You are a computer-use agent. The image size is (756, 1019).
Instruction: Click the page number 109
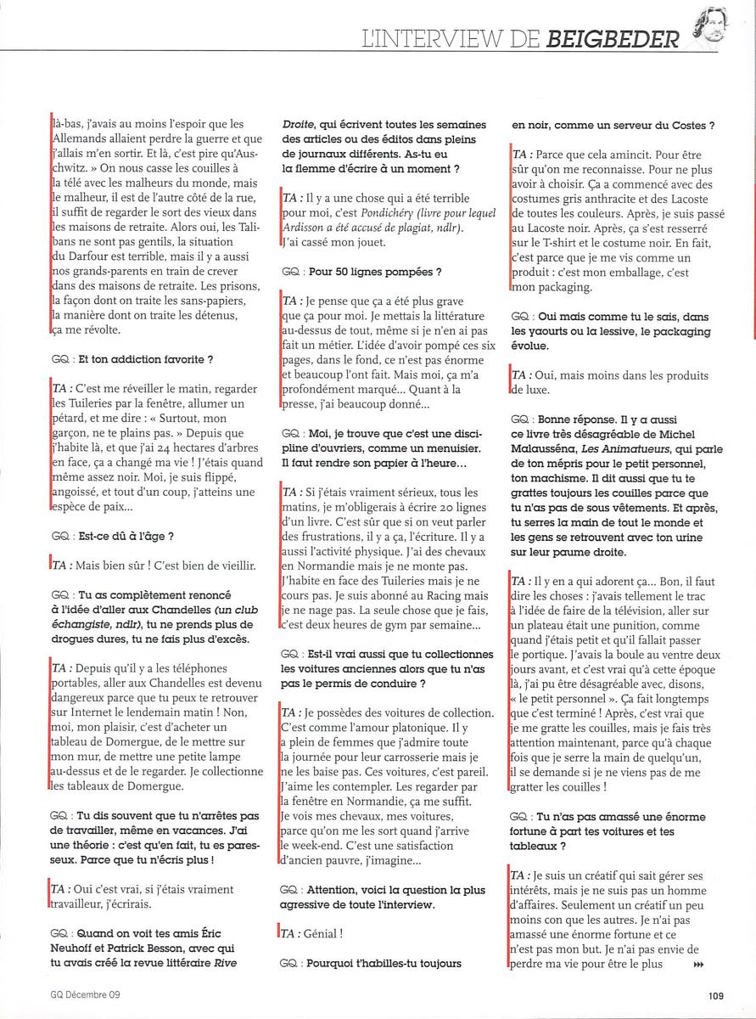click(x=715, y=996)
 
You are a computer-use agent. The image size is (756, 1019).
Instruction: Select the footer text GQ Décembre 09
click(x=85, y=996)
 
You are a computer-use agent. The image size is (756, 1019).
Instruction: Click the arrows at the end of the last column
click(x=698, y=965)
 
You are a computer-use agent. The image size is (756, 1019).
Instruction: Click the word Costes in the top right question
click(x=680, y=126)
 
